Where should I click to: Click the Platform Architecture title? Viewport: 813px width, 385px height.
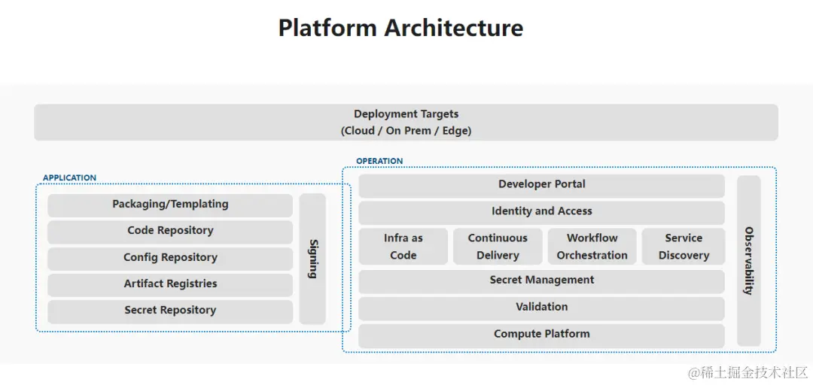(400, 29)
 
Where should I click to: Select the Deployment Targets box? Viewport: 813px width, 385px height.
(406, 123)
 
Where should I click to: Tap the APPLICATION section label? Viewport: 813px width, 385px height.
(69, 177)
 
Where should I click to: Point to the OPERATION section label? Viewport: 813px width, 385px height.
(379, 161)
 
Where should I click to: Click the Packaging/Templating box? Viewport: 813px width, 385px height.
(170, 205)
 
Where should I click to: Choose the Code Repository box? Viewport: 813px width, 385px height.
(170, 232)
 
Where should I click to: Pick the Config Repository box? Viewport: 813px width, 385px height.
(170, 258)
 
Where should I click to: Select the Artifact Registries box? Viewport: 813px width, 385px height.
(170, 284)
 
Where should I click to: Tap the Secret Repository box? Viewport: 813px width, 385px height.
(170, 311)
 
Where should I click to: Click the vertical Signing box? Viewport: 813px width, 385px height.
(312, 259)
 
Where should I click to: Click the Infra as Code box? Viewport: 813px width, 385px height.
(403, 247)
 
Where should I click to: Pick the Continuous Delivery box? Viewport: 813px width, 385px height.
(498, 247)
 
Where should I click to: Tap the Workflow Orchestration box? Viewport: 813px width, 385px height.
(592, 247)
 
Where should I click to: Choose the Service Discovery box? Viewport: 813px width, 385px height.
(684, 247)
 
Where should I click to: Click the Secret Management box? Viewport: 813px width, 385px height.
(541, 281)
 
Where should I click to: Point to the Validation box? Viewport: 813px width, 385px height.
(541, 308)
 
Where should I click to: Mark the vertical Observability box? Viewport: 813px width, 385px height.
(749, 261)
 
